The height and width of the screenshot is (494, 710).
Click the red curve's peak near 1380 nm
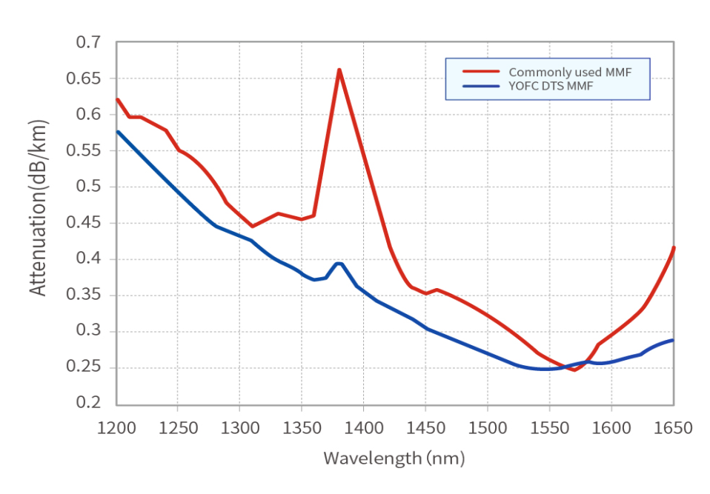pyautogui.click(x=339, y=70)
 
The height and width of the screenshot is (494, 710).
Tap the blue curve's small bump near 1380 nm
pyautogui.click(x=339, y=264)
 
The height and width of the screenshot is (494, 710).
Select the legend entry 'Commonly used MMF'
pyautogui.click(x=568, y=72)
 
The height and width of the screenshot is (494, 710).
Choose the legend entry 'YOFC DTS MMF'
pyautogui.click(x=551, y=87)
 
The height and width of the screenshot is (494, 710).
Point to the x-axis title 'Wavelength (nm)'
pyautogui.click(x=394, y=458)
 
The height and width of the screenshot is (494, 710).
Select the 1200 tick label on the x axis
pyautogui.click(x=116, y=428)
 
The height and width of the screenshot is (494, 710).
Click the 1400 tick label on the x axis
pyautogui.click(x=364, y=428)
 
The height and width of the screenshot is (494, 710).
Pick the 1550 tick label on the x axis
pyautogui.click(x=549, y=428)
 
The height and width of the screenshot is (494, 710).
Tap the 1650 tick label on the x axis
pyautogui.click(x=673, y=428)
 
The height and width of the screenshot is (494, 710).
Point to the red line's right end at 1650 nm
pyautogui.click(x=673, y=247)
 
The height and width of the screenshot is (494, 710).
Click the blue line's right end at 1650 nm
pyautogui.click(x=673, y=340)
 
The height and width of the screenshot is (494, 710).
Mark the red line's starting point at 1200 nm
pyautogui.click(x=117, y=99)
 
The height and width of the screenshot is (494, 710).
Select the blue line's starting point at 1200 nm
pyautogui.click(x=117, y=132)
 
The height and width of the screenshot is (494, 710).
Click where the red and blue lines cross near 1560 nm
pyautogui.click(x=564, y=367)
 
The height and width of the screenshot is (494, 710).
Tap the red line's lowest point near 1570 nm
pyautogui.click(x=574, y=370)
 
